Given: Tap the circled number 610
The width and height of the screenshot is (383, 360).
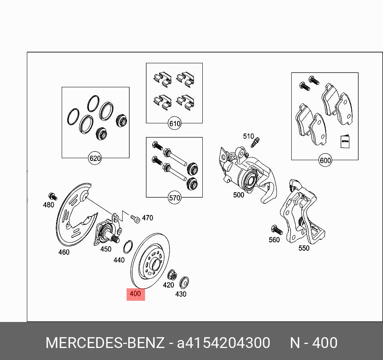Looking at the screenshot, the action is [x=175, y=123].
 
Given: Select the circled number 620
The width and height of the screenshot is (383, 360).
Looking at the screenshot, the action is [x=95, y=159].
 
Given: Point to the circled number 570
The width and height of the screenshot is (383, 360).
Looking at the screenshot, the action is [x=175, y=197].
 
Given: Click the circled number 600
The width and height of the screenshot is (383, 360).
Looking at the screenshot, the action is [x=325, y=160].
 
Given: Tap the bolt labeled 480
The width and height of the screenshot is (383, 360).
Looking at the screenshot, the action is [x=53, y=196].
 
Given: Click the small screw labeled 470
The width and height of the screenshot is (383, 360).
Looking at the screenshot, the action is [x=135, y=219].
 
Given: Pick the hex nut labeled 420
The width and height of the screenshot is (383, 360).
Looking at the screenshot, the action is [x=172, y=275].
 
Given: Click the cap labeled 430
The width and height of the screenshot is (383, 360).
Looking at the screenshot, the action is [x=184, y=282].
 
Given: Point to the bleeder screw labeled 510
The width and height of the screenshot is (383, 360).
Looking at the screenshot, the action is [x=255, y=143].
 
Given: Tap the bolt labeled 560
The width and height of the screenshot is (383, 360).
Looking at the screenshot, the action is [x=277, y=230].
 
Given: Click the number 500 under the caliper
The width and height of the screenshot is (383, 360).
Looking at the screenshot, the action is [x=239, y=195].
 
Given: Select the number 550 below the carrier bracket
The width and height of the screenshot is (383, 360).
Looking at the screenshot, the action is [x=304, y=248].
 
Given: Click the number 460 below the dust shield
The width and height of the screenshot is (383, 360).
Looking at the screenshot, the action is [x=64, y=252].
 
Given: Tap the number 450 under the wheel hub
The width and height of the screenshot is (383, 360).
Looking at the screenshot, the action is [x=106, y=249].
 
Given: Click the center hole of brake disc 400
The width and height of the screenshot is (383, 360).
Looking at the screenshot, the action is [x=155, y=265].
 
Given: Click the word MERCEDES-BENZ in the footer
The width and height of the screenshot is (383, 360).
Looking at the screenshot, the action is [x=105, y=343].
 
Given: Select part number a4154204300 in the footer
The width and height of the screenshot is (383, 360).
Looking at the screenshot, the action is [x=224, y=343].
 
